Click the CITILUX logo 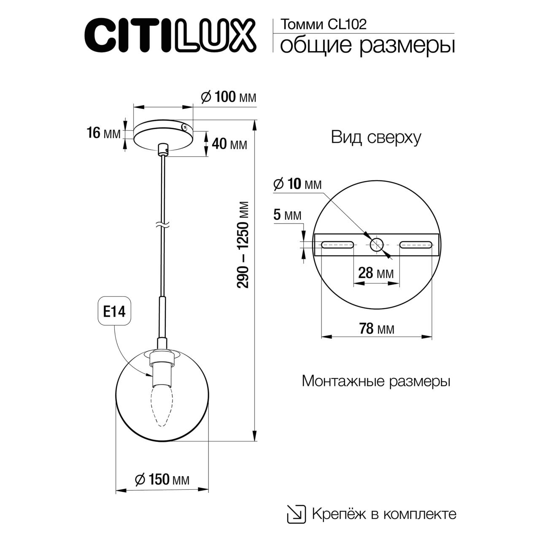pos(171,35)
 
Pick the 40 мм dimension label pos(229,144)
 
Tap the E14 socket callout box pos(114,312)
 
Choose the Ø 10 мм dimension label pos(297,184)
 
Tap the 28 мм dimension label pos(375,273)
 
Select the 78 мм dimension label pos(376,328)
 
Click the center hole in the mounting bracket pos(376,244)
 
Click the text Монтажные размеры pos(376,381)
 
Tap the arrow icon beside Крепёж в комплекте pos(297,513)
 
